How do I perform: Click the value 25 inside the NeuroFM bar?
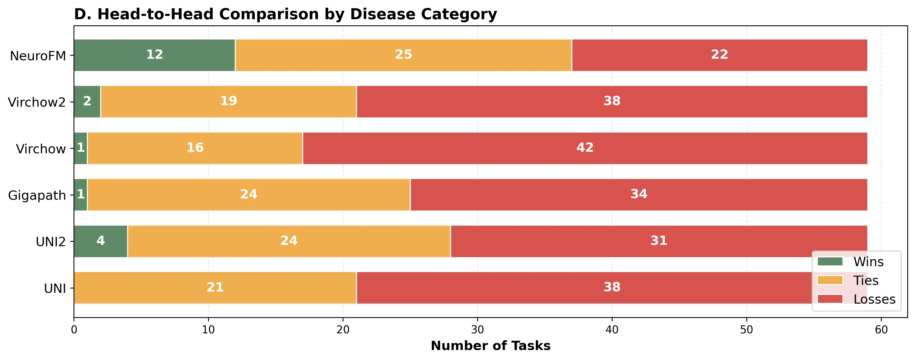coord(403,54)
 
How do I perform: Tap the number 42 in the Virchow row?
coord(585,147)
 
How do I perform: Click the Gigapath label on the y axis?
coord(37,195)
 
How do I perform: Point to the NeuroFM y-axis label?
coord(38,56)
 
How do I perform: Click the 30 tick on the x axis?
coord(477,330)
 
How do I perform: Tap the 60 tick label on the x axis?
coord(881,330)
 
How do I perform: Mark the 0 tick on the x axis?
coord(74,330)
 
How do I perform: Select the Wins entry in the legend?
coord(868,262)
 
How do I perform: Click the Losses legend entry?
coord(874,299)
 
